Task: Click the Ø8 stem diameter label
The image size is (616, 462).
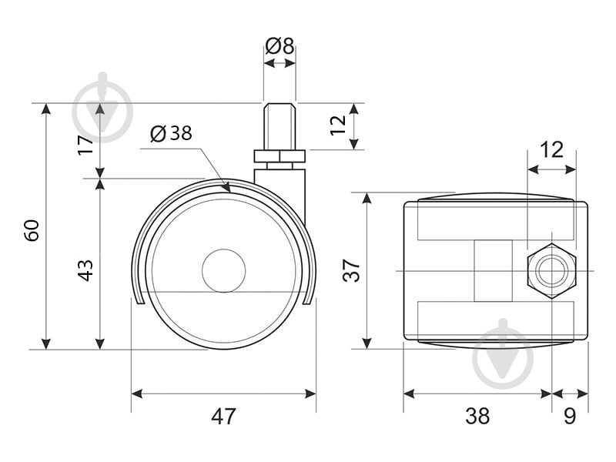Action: [280, 46]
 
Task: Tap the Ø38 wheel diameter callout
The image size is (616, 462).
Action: [171, 133]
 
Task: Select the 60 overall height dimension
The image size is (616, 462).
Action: [32, 230]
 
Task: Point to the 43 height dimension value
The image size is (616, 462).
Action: [85, 270]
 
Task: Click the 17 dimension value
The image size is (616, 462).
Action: [85, 145]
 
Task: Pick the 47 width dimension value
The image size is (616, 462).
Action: [224, 416]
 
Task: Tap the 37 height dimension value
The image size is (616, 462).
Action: [351, 270]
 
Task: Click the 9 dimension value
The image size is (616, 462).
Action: [570, 416]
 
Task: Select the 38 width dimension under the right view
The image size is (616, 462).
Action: [477, 416]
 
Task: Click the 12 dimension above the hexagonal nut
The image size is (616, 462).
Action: [551, 149]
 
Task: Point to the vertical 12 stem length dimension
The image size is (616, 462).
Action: [338, 125]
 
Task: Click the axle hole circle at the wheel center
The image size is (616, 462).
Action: [224, 271]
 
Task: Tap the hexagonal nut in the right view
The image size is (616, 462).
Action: [552, 271]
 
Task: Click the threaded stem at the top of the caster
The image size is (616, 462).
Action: [280, 126]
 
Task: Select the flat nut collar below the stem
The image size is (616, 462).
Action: [280, 156]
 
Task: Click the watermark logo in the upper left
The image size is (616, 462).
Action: [102, 108]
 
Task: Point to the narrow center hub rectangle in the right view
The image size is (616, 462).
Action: [493, 271]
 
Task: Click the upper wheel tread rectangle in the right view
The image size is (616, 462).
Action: [496, 223]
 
